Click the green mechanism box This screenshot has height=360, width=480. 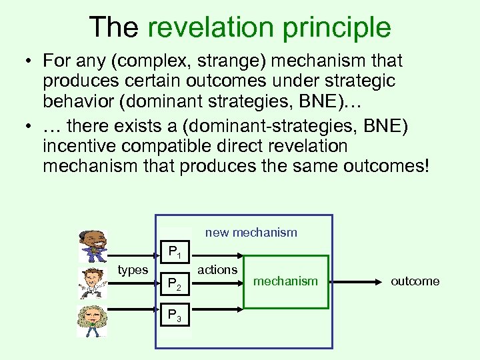286,281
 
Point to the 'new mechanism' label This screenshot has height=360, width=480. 251,233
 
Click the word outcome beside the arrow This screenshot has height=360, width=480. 415,281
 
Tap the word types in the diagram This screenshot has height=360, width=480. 133,269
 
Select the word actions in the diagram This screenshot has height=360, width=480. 218,269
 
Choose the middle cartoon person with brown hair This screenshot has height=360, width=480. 92,283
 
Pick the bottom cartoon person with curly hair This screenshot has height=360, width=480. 92,320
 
